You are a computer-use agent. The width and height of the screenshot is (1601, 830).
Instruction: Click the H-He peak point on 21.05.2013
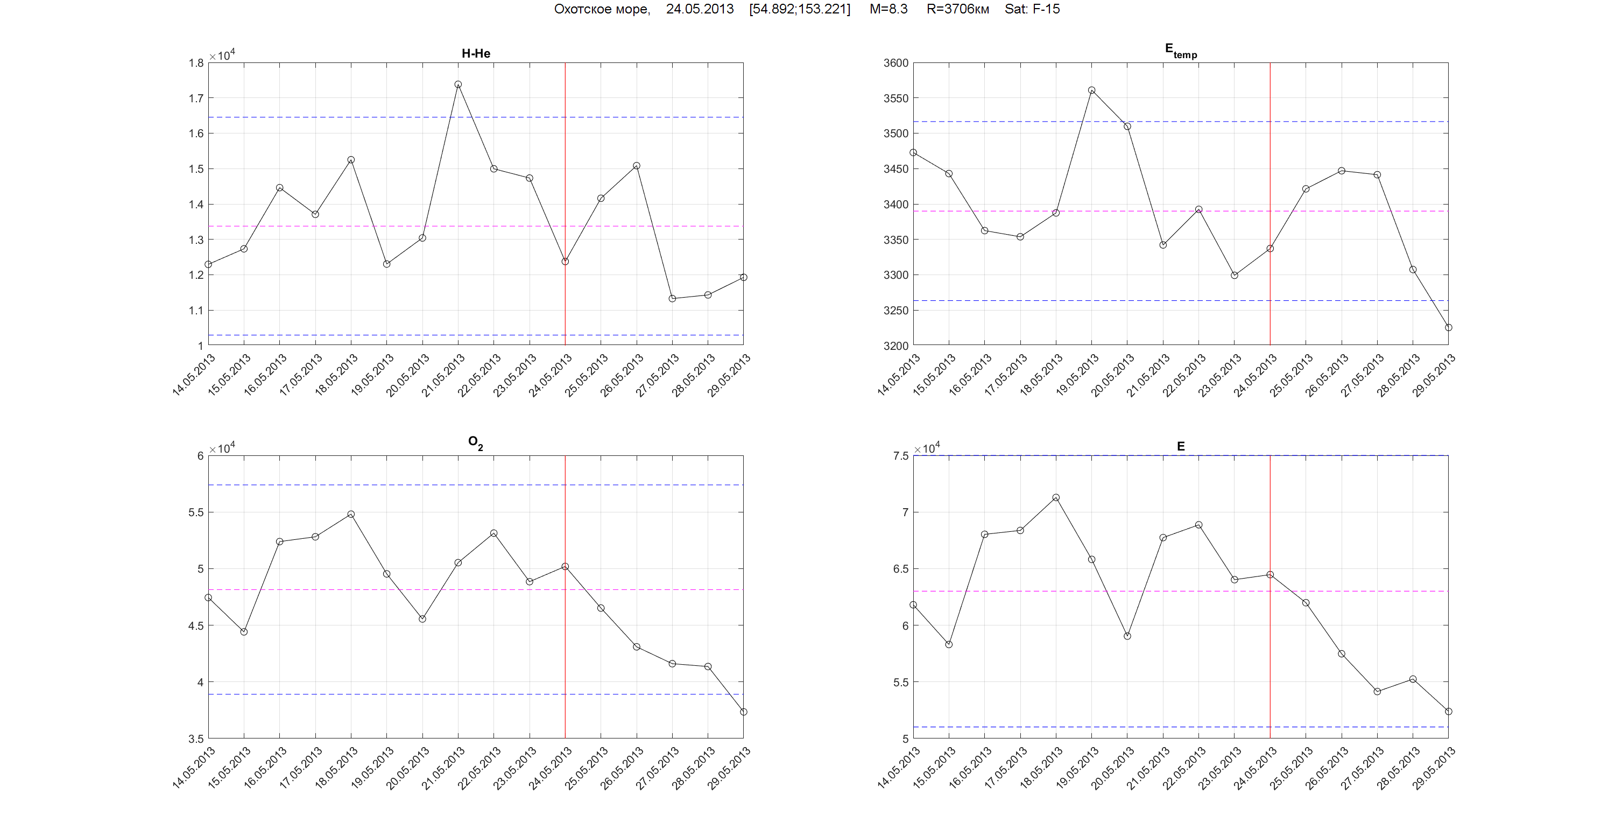click(x=458, y=85)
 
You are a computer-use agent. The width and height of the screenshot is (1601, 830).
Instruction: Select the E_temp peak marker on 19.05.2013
click(x=1091, y=90)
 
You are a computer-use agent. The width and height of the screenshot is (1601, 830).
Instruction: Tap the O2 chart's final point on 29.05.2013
click(x=743, y=712)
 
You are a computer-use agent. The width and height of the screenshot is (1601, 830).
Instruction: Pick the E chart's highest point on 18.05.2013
click(x=1056, y=497)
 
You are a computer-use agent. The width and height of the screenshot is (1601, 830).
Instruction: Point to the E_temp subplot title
click(x=1180, y=51)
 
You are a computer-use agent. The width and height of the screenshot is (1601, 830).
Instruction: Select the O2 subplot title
click(x=475, y=442)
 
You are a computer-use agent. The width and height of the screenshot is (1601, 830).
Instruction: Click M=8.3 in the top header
click(x=888, y=9)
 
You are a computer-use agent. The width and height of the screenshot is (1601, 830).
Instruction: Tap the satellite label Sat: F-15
click(x=1032, y=9)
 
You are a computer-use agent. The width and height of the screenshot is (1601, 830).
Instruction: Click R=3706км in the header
click(x=957, y=9)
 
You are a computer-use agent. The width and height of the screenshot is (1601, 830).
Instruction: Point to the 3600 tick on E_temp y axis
click(x=895, y=63)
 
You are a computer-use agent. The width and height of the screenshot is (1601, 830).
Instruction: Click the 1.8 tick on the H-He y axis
click(x=196, y=63)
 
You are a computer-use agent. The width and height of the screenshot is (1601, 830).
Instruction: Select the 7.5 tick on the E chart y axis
click(x=900, y=456)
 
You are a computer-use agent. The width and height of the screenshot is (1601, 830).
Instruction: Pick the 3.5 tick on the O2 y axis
click(x=196, y=738)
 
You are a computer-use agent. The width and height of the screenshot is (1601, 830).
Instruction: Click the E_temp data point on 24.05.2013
click(x=1269, y=249)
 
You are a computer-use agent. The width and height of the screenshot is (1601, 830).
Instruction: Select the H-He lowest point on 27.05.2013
click(x=672, y=298)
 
